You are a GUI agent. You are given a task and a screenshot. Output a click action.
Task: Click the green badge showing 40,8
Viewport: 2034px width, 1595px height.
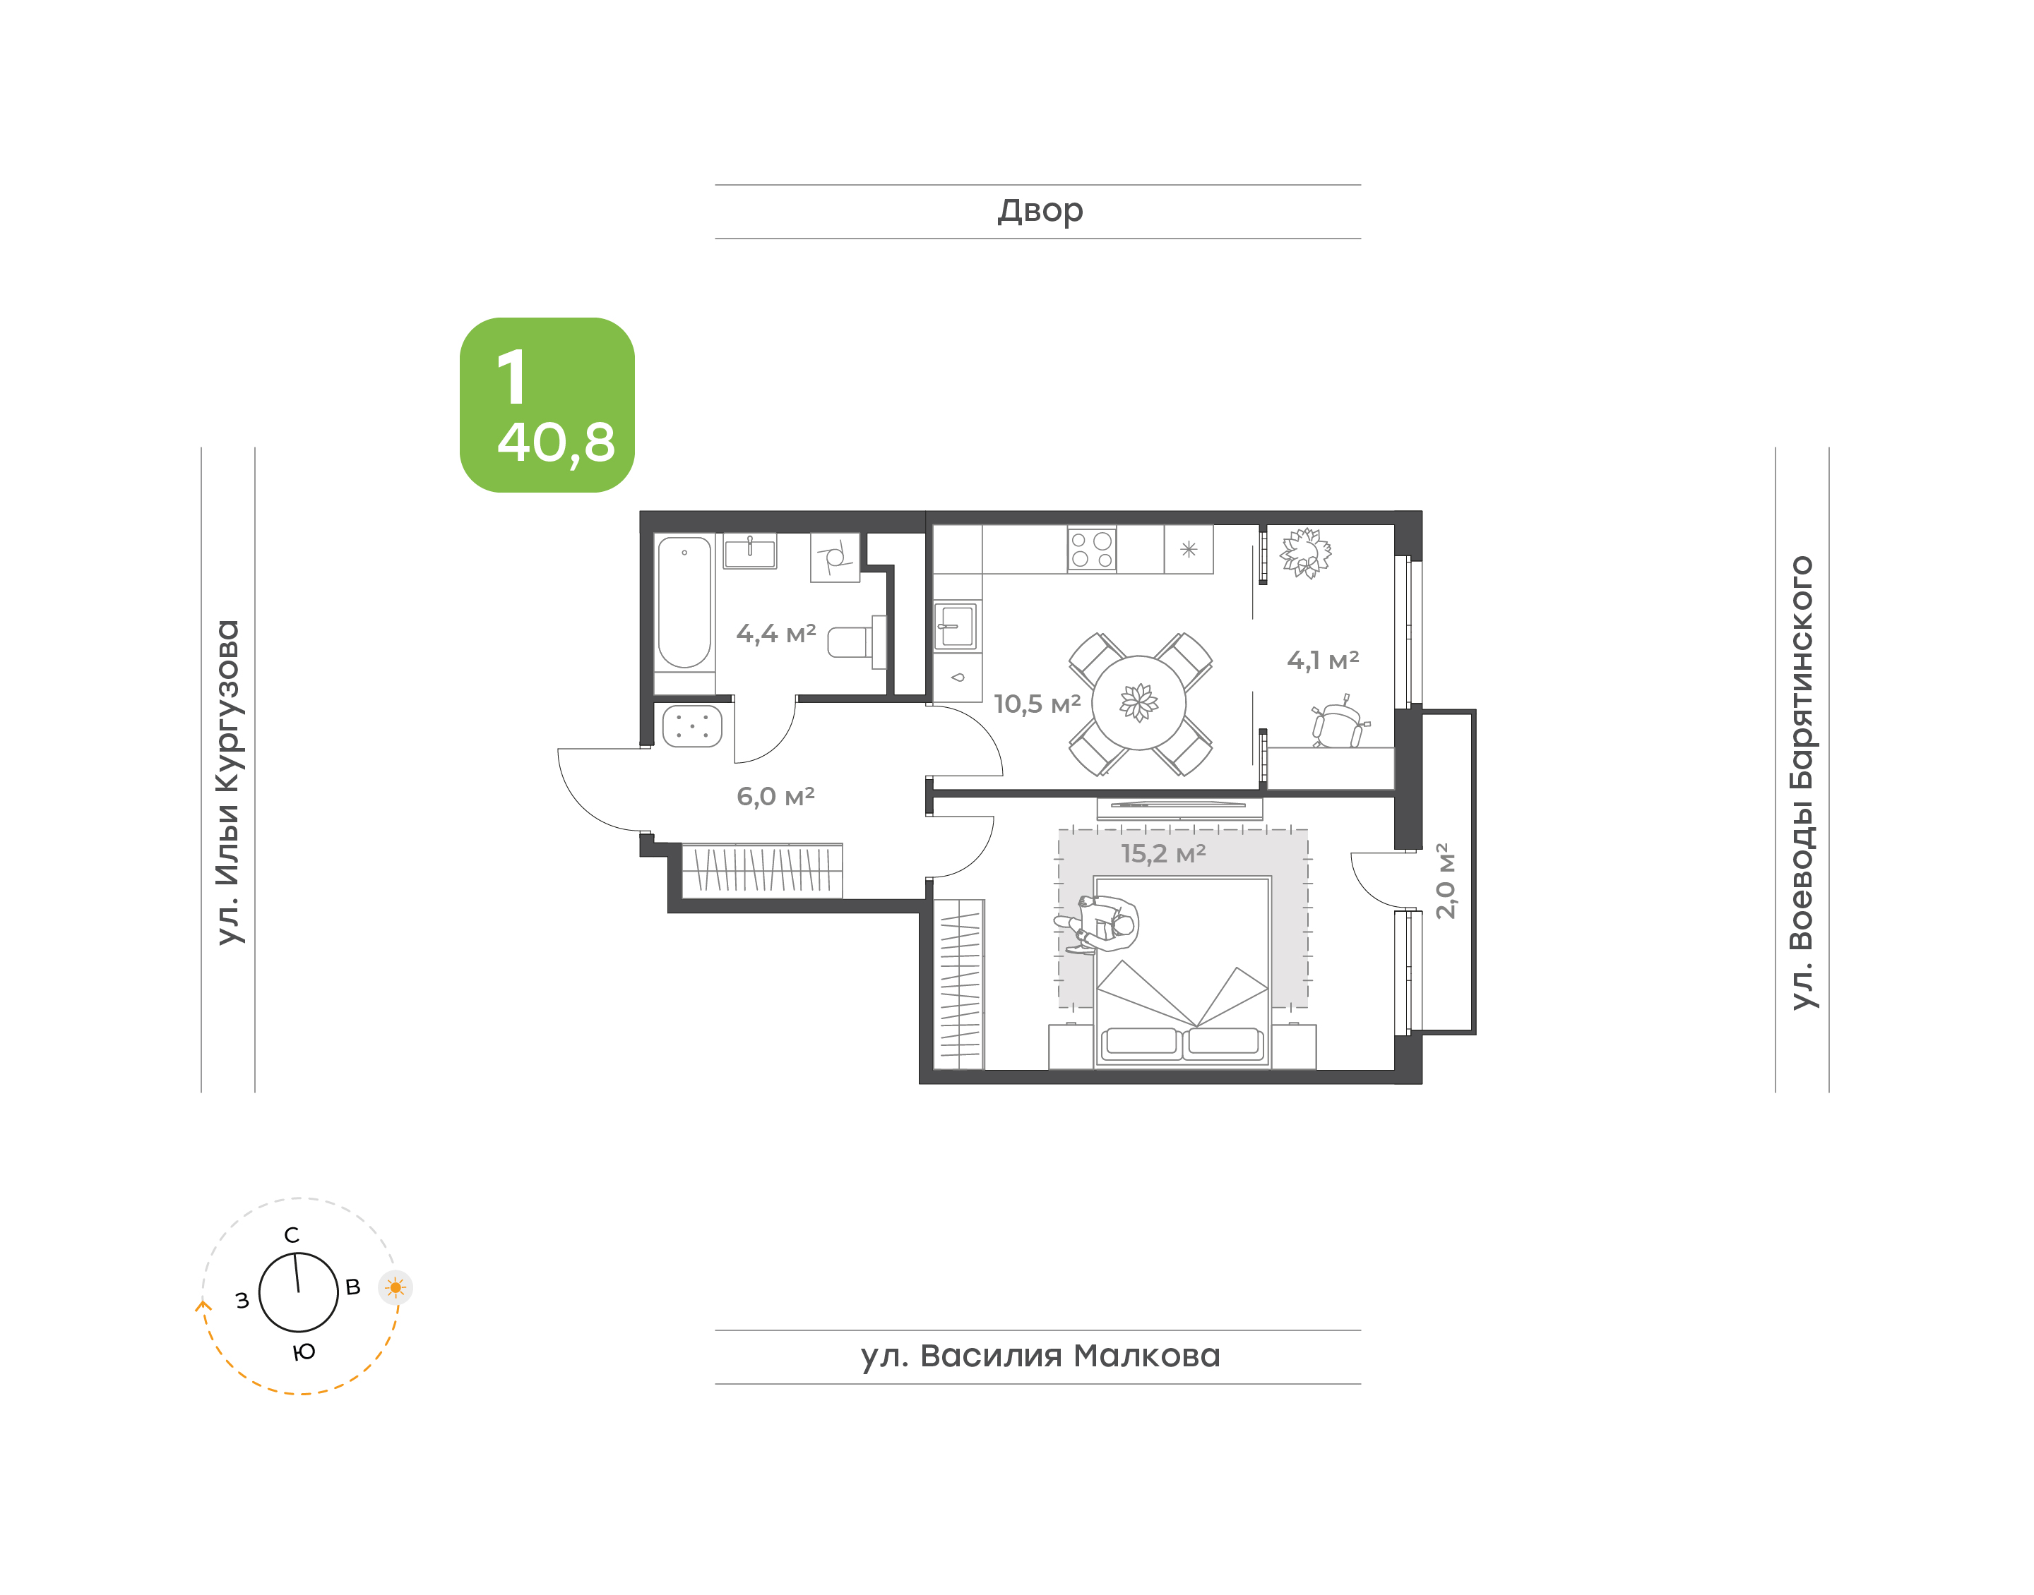coord(547,404)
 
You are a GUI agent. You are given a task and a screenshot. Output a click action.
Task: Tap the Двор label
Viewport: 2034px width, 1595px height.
coord(1040,211)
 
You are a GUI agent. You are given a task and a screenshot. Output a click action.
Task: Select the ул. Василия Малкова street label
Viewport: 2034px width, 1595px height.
coord(1040,1355)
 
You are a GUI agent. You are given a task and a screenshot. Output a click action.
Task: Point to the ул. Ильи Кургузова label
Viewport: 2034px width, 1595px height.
coord(228,782)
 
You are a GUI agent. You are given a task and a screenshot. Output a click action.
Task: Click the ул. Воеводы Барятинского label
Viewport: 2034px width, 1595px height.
coord(1802,783)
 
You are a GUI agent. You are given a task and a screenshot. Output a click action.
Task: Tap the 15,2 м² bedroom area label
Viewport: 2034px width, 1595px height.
coord(1163,853)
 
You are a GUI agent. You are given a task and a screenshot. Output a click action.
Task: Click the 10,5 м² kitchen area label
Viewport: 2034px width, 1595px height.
coord(1037,704)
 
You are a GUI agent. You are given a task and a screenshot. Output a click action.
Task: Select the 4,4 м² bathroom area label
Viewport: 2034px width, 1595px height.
coord(775,634)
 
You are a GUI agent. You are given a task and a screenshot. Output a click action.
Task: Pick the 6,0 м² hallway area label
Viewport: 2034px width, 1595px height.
coord(775,797)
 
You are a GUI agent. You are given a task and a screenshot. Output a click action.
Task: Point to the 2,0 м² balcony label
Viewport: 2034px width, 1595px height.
coord(1444,881)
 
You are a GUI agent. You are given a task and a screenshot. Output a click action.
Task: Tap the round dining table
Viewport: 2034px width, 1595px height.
coord(1139,702)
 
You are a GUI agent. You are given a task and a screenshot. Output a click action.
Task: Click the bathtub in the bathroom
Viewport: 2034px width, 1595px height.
coord(684,602)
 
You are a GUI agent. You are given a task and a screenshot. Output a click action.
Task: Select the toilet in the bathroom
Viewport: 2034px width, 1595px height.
coord(856,642)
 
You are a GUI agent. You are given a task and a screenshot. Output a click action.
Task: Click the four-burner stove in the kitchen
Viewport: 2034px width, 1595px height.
coord(1091,549)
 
